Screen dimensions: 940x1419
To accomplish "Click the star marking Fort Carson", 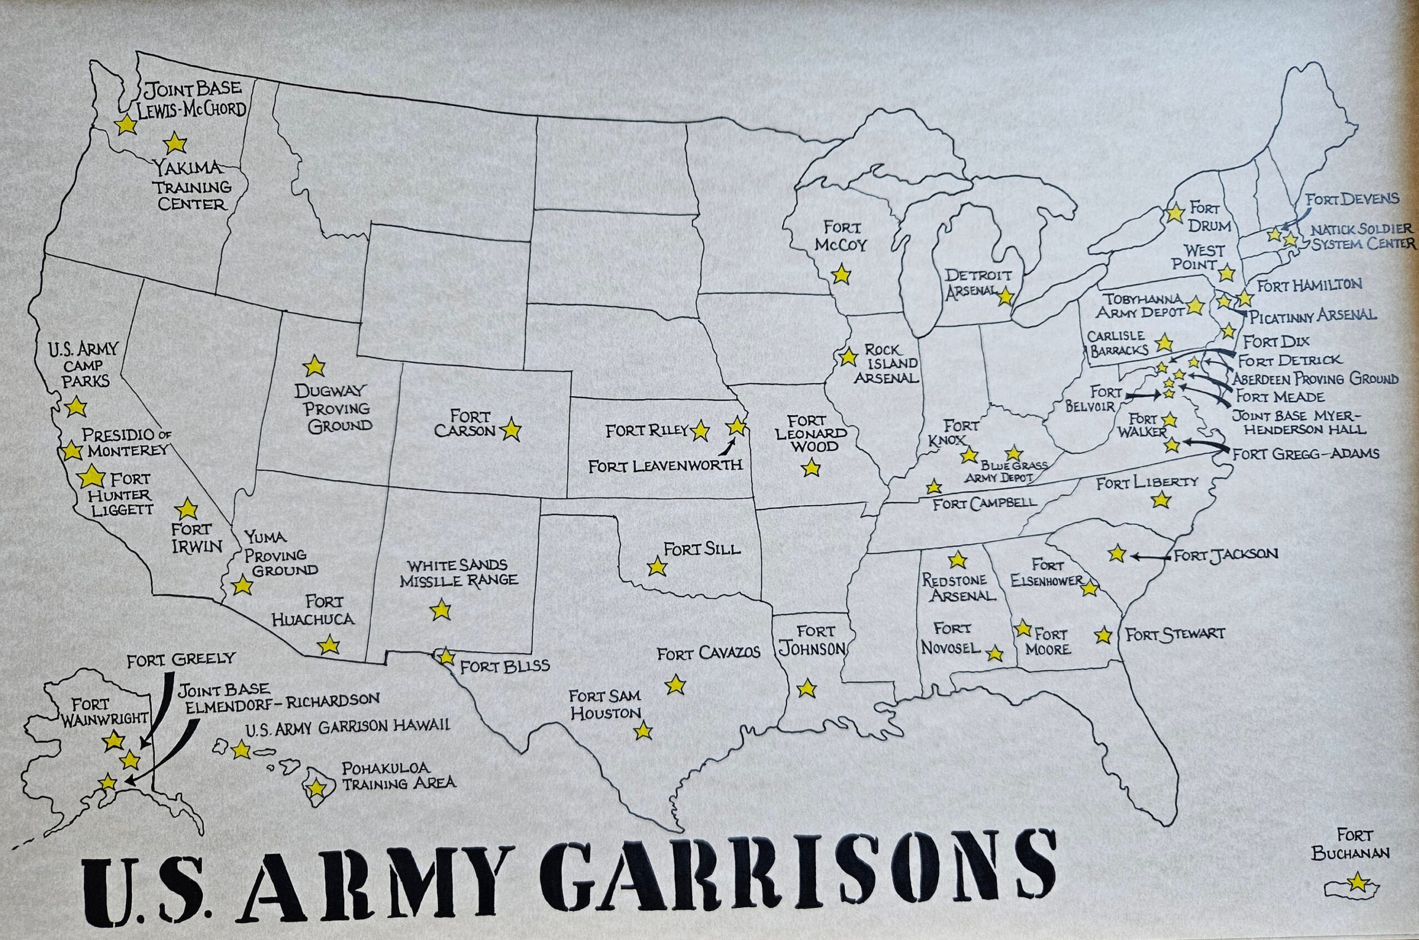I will [511, 430].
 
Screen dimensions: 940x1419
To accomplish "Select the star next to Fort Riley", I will [700, 430].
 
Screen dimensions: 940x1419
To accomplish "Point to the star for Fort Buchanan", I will [1356, 881].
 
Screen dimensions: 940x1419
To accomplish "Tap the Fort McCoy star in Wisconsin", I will [841, 275].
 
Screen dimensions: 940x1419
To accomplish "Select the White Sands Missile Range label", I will [459, 573].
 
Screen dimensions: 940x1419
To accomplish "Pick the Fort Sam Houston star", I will [643, 730].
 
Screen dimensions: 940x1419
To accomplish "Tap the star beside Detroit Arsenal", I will [1006, 296].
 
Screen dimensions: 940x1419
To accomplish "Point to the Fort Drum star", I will [1175, 213].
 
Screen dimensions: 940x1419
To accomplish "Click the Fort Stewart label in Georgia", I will [1175, 634].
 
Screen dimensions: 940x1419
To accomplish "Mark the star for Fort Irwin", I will [187, 509].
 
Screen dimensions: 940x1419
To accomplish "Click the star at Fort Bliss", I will [446, 656].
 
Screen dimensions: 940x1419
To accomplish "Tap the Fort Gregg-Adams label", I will [1305, 454].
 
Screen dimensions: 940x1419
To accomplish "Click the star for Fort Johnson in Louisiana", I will [807, 688].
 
